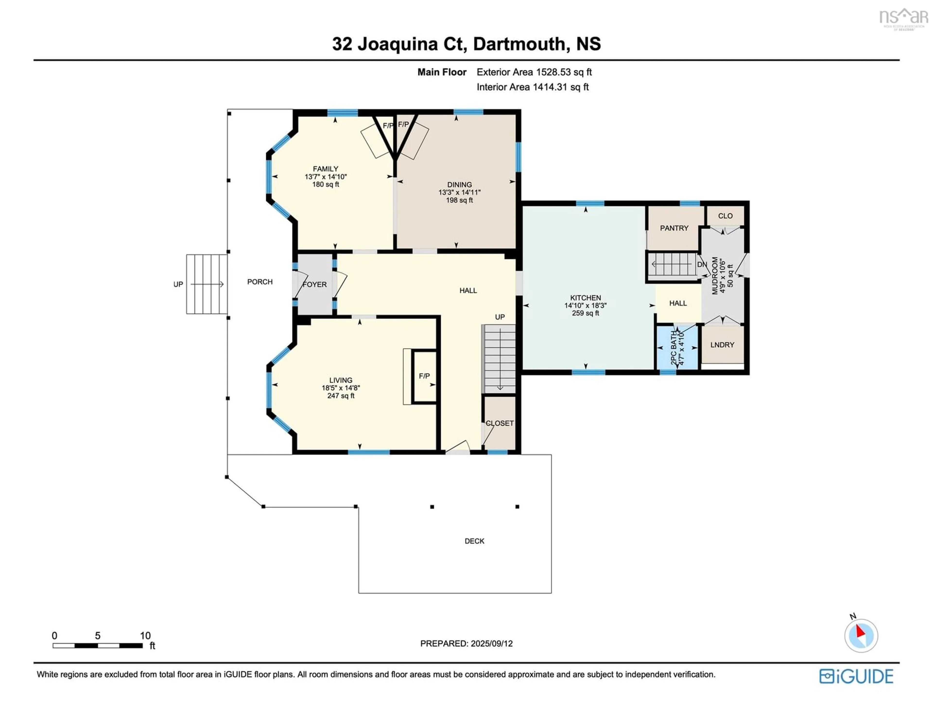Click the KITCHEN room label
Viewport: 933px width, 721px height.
coord(585,298)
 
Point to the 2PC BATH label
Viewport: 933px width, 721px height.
coord(674,347)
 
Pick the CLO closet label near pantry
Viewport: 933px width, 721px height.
coord(725,216)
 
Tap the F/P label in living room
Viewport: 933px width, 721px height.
coord(424,376)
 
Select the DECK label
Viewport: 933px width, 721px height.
coord(474,541)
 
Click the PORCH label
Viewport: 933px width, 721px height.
coord(260,282)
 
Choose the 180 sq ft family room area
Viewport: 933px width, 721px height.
coord(326,185)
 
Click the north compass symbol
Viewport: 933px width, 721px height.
coord(861,635)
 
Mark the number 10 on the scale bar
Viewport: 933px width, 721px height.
coord(145,635)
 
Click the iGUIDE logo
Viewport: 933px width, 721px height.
coord(856,677)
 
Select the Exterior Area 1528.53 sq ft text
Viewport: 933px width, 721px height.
coord(534,72)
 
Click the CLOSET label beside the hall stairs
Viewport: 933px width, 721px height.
coord(499,423)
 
